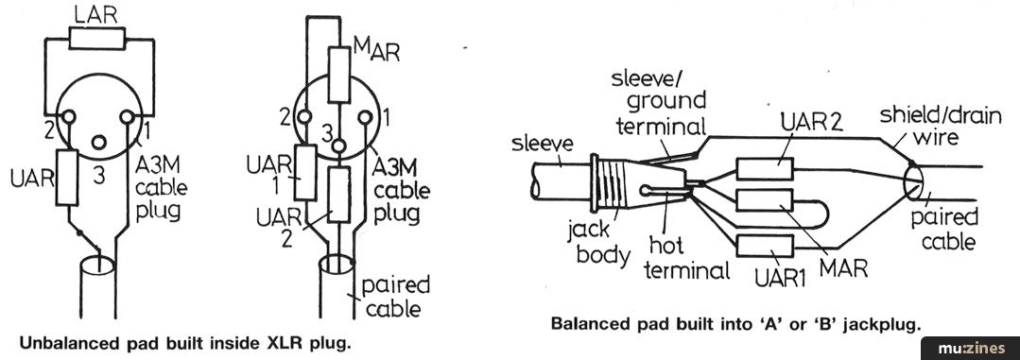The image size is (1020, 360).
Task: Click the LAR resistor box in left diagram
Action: coord(95,39)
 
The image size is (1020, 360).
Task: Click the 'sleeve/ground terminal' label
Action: coord(659,100)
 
